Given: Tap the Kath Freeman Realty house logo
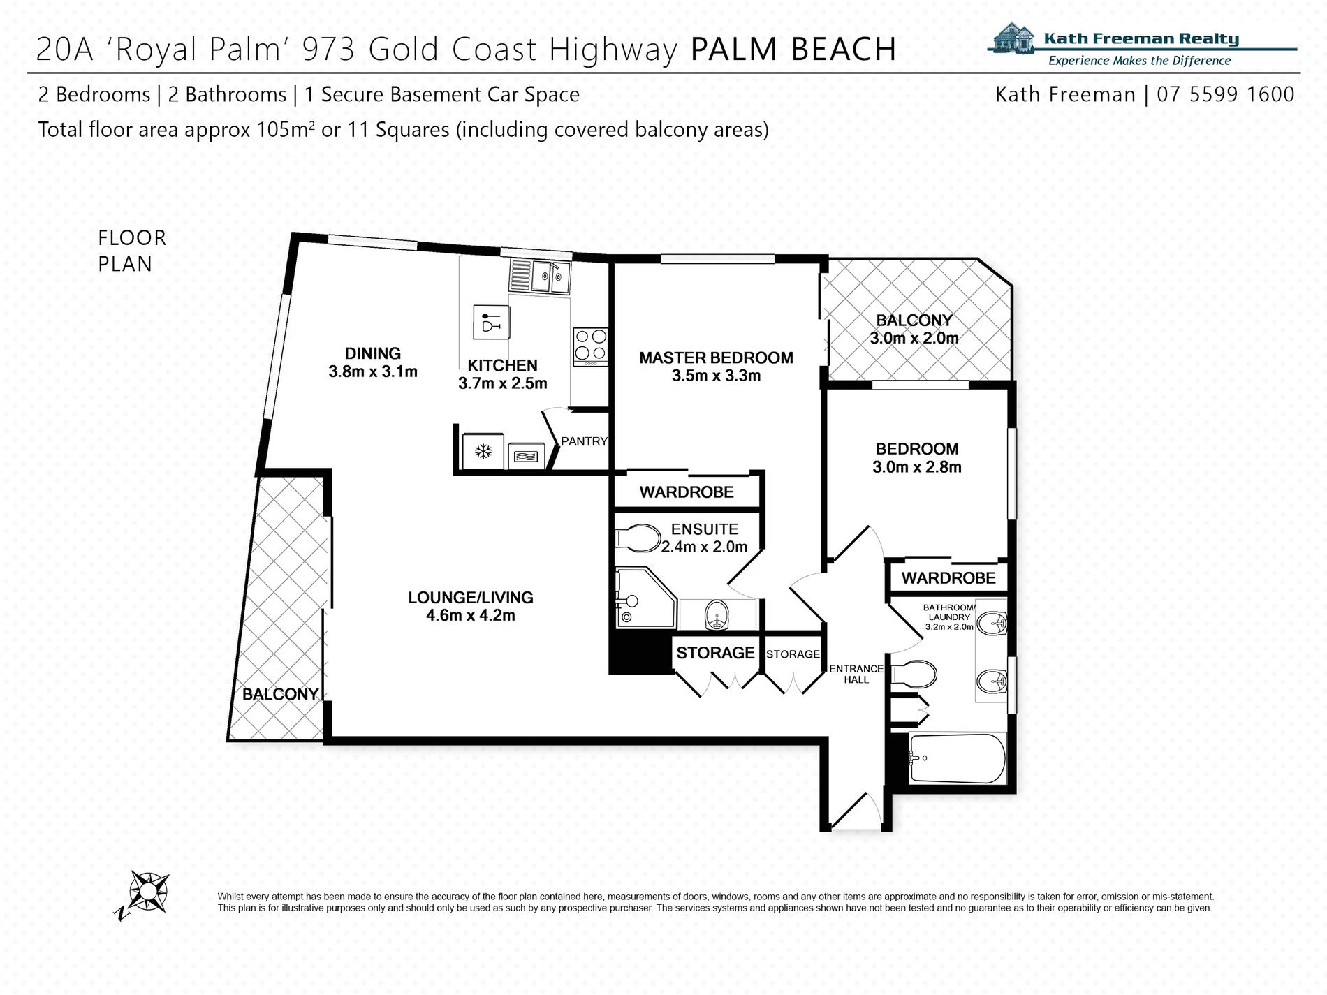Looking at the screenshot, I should [1015, 38].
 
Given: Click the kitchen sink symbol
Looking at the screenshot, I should [540, 277].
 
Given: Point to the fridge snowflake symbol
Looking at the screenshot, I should [483, 452].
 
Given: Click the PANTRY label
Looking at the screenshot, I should [584, 441].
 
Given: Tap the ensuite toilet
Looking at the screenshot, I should [638, 538].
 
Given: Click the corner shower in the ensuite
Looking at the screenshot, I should [644, 599].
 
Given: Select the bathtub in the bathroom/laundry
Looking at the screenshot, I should [957, 758].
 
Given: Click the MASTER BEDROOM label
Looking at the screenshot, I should [716, 358].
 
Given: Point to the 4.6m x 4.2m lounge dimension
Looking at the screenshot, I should [470, 616].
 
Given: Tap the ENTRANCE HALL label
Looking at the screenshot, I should [856, 674].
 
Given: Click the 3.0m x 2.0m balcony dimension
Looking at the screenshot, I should [914, 339].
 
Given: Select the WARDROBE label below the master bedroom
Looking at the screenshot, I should [686, 492].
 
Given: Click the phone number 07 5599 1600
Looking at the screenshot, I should [1225, 94].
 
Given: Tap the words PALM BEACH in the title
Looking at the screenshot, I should [793, 50].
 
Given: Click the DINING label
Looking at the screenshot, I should [372, 353].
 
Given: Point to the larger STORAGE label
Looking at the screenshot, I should [715, 653].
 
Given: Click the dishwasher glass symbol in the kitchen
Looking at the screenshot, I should [491, 323].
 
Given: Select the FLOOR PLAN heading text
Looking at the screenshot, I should [132, 251].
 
